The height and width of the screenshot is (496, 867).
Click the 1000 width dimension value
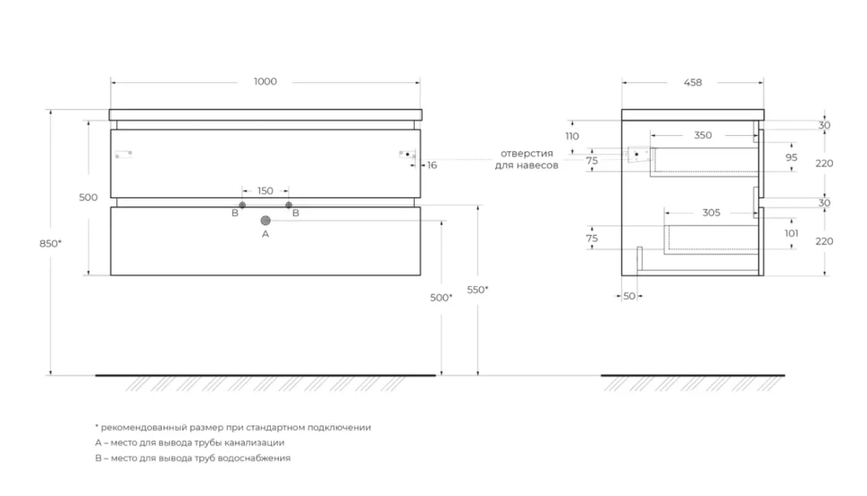pyautogui.click(x=265, y=81)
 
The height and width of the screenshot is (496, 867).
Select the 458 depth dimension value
pyautogui.click(x=693, y=82)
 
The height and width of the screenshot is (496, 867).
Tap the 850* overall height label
pyautogui.click(x=50, y=243)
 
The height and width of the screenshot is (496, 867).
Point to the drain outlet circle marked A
pyautogui.click(x=265, y=221)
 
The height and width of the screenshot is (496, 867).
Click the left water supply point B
pyautogui.click(x=242, y=206)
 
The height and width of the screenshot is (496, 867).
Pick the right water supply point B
pyautogui.click(x=289, y=206)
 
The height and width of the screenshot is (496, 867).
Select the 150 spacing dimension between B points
pyautogui.click(x=265, y=190)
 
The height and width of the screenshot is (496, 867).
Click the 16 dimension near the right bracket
pyautogui.click(x=432, y=165)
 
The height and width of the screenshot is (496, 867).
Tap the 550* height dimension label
pyautogui.click(x=477, y=290)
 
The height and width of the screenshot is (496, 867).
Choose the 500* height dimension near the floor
pyautogui.click(x=442, y=298)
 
